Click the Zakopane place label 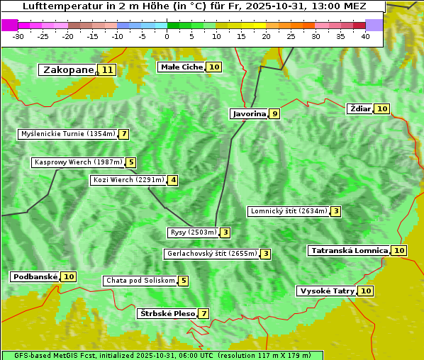(68, 69)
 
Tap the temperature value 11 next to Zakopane (107, 69)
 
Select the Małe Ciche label (182, 67)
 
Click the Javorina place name (249, 113)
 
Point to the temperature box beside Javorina (274, 113)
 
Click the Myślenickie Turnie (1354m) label (67, 134)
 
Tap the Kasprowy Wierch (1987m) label (78, 162)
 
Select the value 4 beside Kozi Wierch (173, 180)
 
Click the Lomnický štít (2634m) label (289, 211)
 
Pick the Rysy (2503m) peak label (192, 232)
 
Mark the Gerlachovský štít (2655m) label (211, 254)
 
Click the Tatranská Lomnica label (350, 250)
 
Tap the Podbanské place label (35, 276)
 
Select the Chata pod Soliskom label (140, 281)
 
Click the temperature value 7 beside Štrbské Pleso (204, 313)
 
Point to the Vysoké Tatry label (327, 291)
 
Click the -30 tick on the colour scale (18, 35)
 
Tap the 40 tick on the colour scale (365, 35)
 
